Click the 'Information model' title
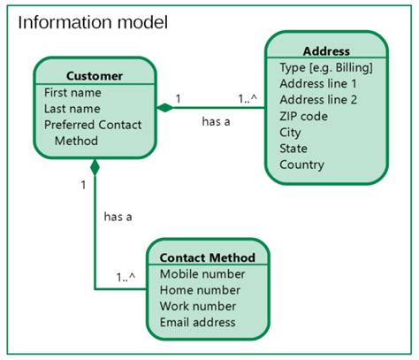94,21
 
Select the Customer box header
95,75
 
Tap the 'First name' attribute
72,93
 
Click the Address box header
325,51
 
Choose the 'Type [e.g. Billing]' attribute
325,68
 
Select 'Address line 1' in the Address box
317,84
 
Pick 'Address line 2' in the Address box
317,100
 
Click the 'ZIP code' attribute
304,116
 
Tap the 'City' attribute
291,133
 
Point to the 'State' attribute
293,149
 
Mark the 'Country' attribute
301,165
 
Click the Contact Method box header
207,257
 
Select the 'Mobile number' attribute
202,274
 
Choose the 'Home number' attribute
200,290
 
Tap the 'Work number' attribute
199,306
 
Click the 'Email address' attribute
198,322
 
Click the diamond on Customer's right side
164,108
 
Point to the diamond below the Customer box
95,166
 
